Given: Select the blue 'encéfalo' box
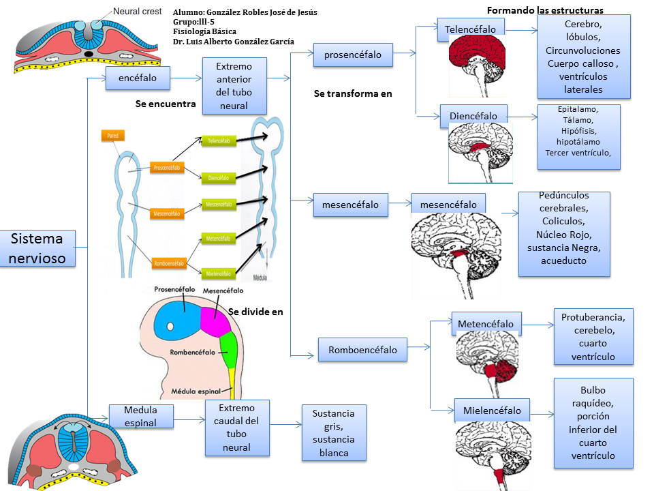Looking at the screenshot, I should click(x=138, y=78).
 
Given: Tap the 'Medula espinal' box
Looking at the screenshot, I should click(x=141, y=416).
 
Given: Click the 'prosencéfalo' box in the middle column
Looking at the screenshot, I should click(x=353, y=55).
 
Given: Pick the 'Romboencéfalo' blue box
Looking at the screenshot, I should click(x=362, y=350).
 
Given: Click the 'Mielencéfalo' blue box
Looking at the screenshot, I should click(x=492, y=411).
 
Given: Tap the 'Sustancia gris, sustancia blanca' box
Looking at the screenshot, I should click(x=334, y=432).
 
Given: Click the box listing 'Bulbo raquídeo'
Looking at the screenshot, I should click(x=593, y=423).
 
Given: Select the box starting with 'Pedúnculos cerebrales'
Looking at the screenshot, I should click(x=563, y=233).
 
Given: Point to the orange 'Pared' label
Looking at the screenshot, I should click(x=112, y=136).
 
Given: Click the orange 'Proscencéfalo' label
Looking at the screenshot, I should click(x=168, y=166).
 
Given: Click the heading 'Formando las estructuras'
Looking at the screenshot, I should click(x=545, y=10).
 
